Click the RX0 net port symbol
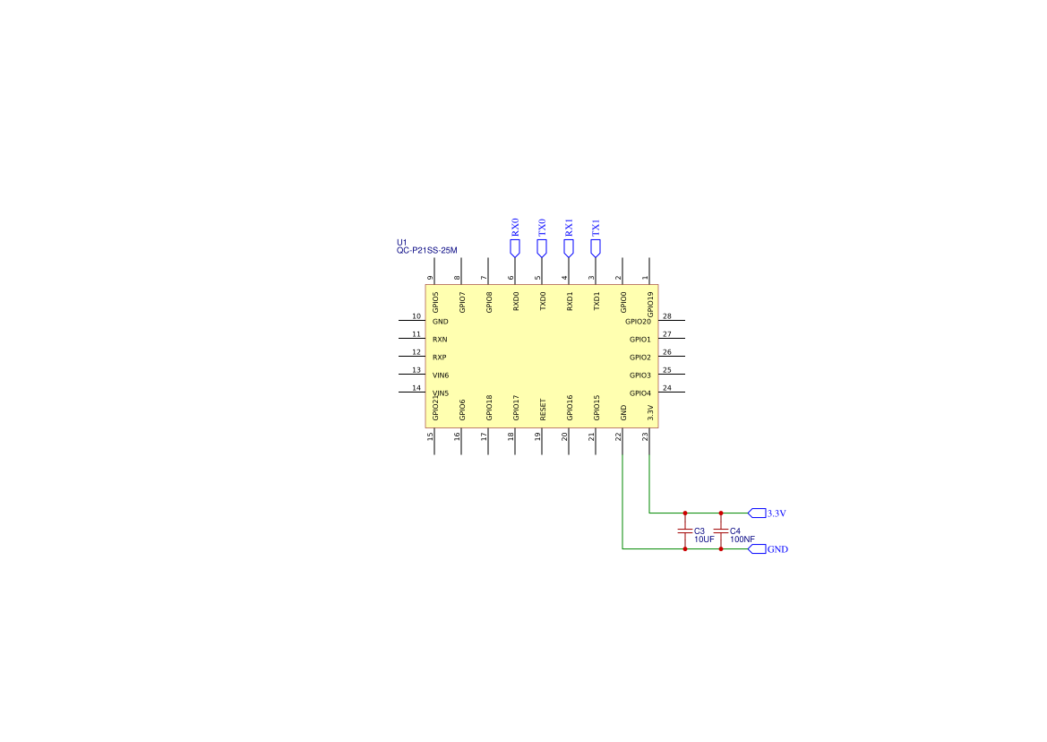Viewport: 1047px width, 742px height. click(514, 246)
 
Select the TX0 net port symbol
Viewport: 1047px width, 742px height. click(541, 246)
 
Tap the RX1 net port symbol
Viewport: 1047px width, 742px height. click(568, 246)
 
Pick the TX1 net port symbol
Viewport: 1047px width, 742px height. click(595, 246)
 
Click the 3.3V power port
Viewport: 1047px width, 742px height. click(757, 513)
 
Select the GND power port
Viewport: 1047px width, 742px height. click(757, 549)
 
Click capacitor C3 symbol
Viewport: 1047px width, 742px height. click(685, 531)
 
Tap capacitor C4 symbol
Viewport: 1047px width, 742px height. click(721, 531)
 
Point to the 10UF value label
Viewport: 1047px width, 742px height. click(704, 539)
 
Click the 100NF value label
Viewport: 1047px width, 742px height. click(742, 539)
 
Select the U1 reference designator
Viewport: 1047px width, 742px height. click(402, 243)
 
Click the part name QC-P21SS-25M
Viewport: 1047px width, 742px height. click(426, 251)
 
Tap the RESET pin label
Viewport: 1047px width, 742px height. click(543, 410)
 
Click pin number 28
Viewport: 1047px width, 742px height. click(667, 316)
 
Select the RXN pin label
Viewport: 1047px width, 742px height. click(440, 340)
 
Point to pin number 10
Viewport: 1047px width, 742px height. click(416, 316)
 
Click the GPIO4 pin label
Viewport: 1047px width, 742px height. click(639, 393)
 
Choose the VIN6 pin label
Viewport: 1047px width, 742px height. click(441, 375)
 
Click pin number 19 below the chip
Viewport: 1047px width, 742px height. click(538, 436)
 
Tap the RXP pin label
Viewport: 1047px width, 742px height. click(440, 358)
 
